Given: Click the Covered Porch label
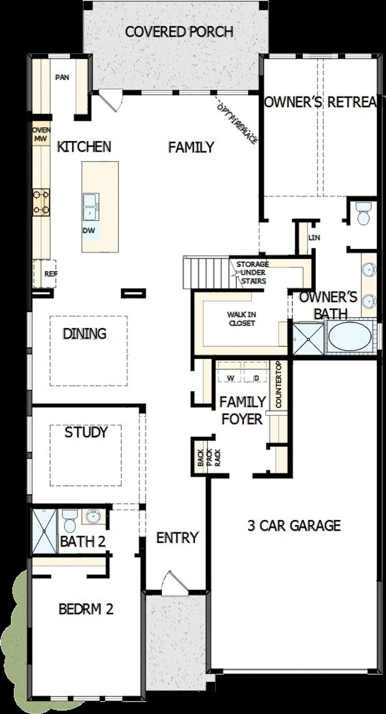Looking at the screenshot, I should click(179, 32).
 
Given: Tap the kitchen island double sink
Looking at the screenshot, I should click(91, 207).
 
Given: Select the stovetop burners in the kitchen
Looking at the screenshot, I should click(41, 202).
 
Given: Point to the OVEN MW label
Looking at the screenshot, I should click(41, 134).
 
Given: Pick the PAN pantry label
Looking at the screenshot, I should click(62, 78).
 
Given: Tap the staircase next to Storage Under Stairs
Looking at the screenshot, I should click(206, 272).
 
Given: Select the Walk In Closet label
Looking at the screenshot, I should click(242, 319).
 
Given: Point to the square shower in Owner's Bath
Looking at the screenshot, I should click(308, 339).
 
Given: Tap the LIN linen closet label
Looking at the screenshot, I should click(314, 238).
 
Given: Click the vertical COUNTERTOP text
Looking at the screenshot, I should click(278, 385).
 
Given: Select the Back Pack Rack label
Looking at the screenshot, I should click(209, 458).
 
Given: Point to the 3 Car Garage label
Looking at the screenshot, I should click(294, 526).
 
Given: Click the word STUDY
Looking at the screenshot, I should click(86, 432).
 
